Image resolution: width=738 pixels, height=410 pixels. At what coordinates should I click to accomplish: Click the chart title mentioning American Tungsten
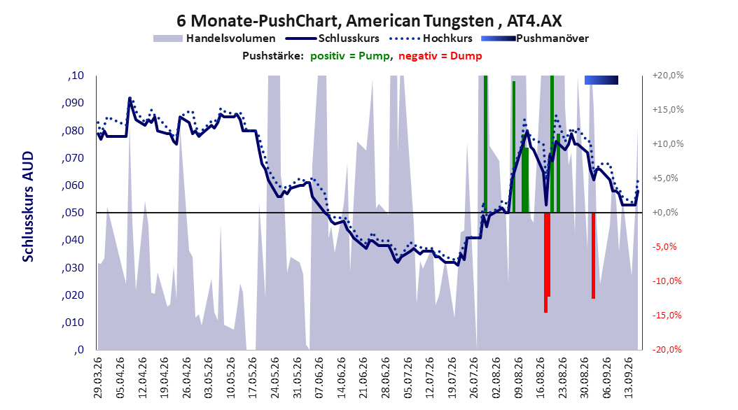coord(369,21)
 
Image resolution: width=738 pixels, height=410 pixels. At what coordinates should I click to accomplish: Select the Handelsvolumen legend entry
coord(214,38)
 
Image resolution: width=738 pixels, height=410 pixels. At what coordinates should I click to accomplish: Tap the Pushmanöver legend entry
coord(535,38)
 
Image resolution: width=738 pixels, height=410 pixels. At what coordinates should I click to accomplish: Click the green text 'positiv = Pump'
coord(350,56)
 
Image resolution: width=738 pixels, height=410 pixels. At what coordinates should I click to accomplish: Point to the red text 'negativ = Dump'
coord(440,56)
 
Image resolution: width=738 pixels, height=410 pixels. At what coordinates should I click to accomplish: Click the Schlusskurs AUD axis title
coord(28,206)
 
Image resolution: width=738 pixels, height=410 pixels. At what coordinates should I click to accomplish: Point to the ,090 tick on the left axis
coord(73,103)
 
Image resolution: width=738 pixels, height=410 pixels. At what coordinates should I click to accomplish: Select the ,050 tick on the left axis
coord(73,213)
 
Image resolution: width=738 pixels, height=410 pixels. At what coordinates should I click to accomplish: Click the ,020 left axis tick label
coord(73,295)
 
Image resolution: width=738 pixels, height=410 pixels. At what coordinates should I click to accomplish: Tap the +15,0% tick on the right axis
coord(668,110)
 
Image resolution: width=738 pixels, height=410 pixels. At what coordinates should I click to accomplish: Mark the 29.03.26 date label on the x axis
coord(98,378)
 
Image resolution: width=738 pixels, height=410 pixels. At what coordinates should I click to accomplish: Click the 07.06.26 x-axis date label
coord(319,378)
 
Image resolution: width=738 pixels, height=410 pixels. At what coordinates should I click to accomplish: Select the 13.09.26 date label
coord(629,378)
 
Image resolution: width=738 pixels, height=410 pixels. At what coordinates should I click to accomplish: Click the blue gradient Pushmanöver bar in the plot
coord(601,80)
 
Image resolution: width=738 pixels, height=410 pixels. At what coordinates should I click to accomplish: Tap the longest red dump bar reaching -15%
coord(545,262)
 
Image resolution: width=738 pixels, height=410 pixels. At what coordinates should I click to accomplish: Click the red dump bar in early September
coord(594,255)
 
